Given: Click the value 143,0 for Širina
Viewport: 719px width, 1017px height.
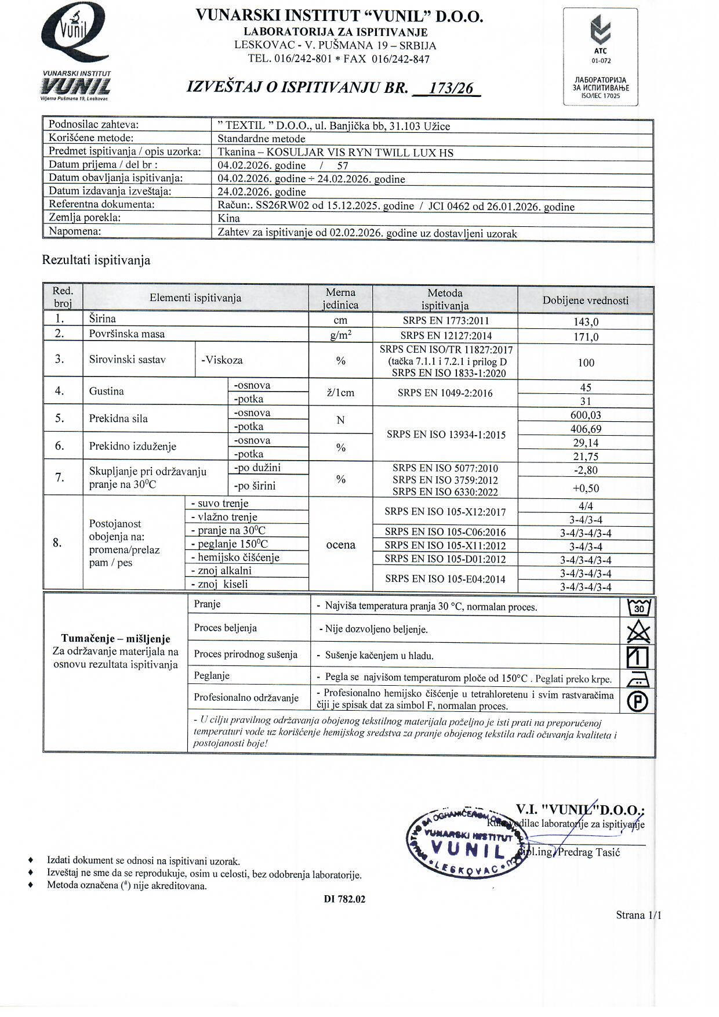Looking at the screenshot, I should click(586, 322).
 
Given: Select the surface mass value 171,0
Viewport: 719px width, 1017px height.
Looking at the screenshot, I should click(586, 336).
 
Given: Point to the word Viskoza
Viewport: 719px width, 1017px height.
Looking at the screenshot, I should click(222, 360).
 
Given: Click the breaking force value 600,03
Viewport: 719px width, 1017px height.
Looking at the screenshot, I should click(586, 415).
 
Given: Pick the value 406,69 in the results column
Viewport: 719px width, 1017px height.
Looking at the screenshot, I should click(586, 429).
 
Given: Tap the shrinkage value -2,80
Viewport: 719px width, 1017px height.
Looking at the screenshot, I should click(586, 471).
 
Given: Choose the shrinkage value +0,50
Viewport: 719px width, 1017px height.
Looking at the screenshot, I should click(586, 488).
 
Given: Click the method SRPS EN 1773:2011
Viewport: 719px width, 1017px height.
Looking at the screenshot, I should click(445, 321).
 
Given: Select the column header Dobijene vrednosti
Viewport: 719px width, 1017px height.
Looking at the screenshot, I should click(586, 301).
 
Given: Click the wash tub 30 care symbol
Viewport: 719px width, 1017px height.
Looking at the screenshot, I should click(639, 607).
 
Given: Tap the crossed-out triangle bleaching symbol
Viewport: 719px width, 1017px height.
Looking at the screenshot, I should click(638, 631).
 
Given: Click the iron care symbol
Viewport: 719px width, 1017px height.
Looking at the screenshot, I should click(638, 679).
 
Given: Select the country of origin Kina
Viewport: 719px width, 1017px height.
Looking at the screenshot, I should click(228, 219).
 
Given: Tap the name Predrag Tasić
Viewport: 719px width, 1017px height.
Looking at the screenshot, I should click(589, 852).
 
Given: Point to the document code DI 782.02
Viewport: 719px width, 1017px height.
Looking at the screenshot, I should click(345, 899).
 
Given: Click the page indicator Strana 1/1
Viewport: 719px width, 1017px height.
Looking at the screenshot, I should click(638, 915).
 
